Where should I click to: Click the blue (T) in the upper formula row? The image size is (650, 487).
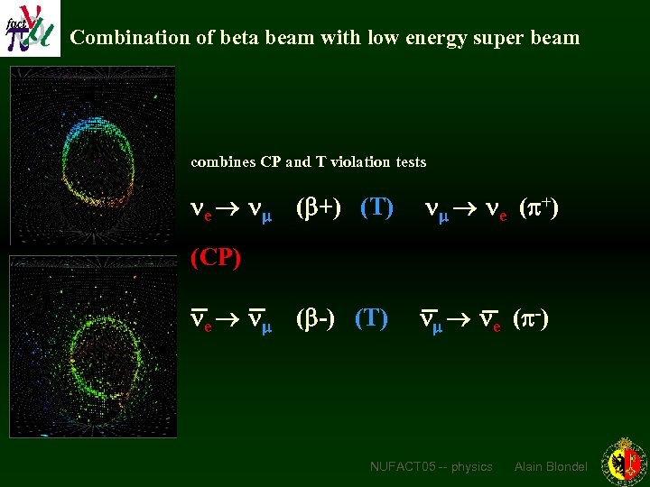tap(376, 209)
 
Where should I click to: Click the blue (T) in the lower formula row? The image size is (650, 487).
tap(371, 318)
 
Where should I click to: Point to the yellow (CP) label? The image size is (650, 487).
tap(216, 258)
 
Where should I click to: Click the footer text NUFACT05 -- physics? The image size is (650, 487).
tap(431, 466)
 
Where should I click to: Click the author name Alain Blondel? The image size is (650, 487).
tap(551, 466)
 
